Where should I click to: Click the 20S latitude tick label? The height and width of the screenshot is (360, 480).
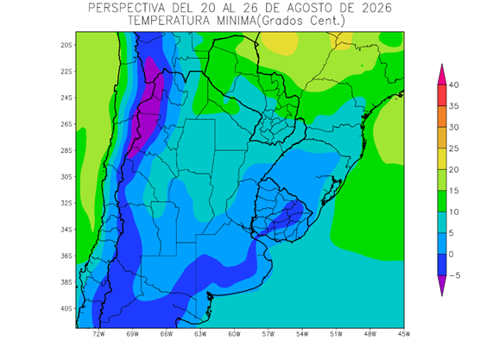(66, 45)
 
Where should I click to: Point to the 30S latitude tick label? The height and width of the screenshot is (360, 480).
(66, 177)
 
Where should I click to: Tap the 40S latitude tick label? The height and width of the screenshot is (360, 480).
(66, 308)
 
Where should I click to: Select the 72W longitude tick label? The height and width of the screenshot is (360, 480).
(98, 334)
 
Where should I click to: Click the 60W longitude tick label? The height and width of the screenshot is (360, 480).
(234, 334)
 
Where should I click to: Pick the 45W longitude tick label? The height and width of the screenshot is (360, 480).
(404, 334)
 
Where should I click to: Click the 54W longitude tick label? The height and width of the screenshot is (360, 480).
(302, 334)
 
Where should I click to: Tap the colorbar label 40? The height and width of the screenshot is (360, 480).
(454, 85)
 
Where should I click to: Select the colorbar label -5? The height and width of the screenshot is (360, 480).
(454, 275)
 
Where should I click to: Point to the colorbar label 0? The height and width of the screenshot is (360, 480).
(452, 255)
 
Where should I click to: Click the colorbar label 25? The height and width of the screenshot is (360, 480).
(454, 148)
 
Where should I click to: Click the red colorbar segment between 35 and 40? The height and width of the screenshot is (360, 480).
(442, 96)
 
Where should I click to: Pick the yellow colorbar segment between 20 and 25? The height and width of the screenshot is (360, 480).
(442, 159)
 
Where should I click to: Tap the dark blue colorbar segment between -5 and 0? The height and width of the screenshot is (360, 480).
(442, 265)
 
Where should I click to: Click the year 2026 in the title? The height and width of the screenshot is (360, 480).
(377, 8)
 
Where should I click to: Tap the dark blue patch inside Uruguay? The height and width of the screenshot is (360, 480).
(287, 216)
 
